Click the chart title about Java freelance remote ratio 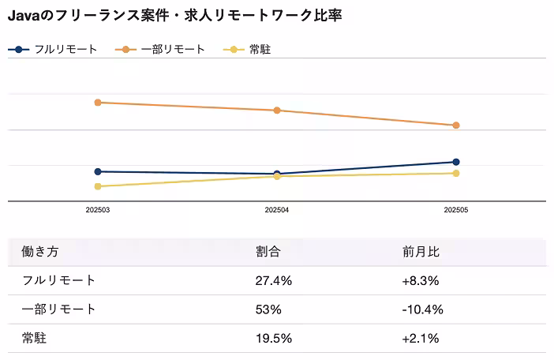(x=174, y=15)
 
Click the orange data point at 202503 (x=98, y=103)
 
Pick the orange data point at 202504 (x=277, y=111)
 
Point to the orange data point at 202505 (x=456, y=126)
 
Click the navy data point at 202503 (x=98, y=171)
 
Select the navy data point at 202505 (x=456, y=162)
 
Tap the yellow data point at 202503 (x=98, y=186)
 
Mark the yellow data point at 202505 (x=456, y=173)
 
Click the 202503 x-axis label (x=98, y=211)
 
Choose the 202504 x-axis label (x=277, y=211)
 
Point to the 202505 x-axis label (x=456, y=211)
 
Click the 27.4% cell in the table (x=274, y=280)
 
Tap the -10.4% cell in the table (x=423, y=309)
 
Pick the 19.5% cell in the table (x=274, y=338)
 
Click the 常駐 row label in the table (x=36, y=338)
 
